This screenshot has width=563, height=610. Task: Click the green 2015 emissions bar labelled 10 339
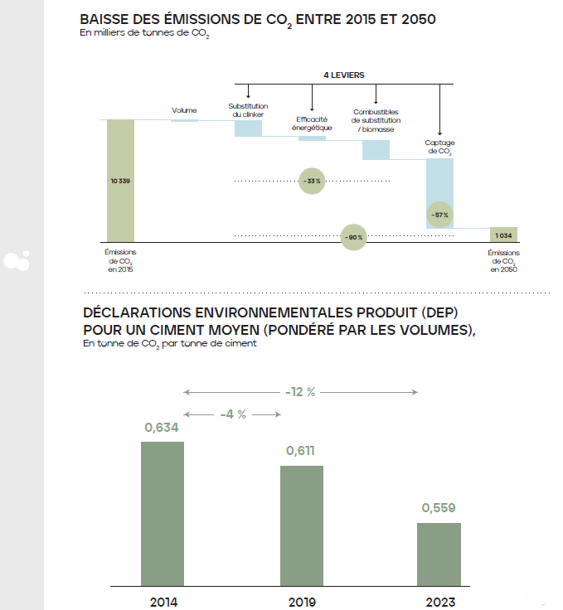click(x=120, y=180)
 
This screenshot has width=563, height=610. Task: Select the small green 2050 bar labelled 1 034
click(x=503, y=235)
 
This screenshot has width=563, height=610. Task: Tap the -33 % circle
click(x=312, y=181)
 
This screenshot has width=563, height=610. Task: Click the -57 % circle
click(x=439, y=215)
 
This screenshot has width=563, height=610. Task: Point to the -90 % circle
click(x=354, y=237)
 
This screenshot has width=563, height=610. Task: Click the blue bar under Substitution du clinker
click(x=248, y=128)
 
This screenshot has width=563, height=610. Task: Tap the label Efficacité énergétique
click(x=313, y=123)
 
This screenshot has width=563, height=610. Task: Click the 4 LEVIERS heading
click(x=343, y=75)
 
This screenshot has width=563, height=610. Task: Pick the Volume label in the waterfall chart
click(x=184, y=110)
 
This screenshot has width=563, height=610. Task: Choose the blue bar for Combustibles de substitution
click(x=376, y=150)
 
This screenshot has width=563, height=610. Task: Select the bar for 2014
click(x=163, y=514)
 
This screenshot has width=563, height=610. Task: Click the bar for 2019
click(x=302, y=526)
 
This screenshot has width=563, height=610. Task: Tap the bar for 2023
click(x=439, y=554)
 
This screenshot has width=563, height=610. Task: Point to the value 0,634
click(x=162, y=428)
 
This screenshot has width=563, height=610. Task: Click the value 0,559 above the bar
click(x=439, y=508)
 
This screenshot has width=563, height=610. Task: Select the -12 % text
click(x=300, y=392)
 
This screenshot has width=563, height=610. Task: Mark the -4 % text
click(x=231, y=414)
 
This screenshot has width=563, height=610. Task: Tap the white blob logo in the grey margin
click(x=16, y=260)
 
